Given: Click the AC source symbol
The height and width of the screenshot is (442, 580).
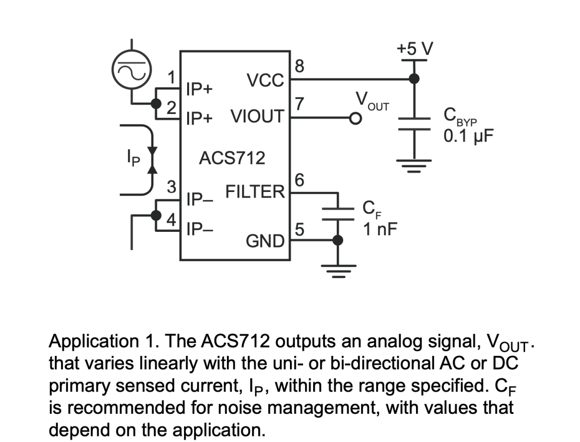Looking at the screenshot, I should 132,72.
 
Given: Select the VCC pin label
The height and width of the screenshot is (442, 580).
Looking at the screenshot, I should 265,80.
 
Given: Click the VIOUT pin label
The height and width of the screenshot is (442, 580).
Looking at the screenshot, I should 257,117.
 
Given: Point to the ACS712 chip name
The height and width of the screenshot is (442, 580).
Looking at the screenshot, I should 232,158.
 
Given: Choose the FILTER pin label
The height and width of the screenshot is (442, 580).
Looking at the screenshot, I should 255,192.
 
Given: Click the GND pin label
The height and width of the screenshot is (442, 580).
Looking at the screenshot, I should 265,241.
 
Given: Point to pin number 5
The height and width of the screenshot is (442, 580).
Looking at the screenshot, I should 299,230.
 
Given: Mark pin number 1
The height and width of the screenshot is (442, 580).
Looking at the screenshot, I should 172,77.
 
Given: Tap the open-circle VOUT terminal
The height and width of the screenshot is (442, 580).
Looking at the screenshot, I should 356,119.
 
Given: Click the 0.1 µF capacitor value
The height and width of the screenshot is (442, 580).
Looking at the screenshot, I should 469,136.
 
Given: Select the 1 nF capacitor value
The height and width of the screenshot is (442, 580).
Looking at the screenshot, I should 380,229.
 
